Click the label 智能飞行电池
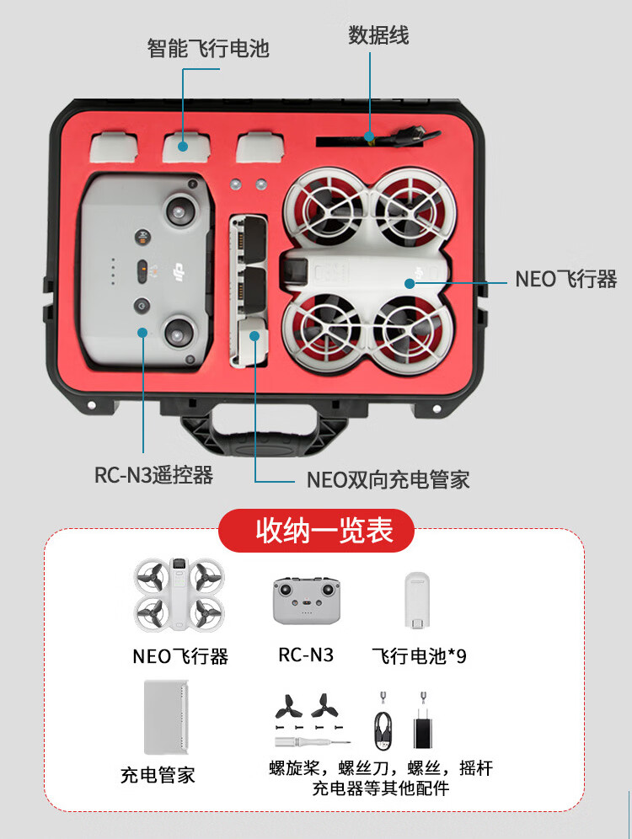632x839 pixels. click(208, 48)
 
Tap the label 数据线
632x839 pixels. click(378, 35)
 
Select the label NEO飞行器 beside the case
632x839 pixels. click(565, 279)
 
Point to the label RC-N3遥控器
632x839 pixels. click(153, 475)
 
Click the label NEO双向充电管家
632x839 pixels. click(388, 480)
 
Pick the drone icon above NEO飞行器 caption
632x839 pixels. click(179, 596)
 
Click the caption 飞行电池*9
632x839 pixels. click(419, 655)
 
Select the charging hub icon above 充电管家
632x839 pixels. click(166, 716)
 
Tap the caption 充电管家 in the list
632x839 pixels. click(158, 774)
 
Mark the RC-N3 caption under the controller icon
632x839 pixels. click(306, 655)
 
